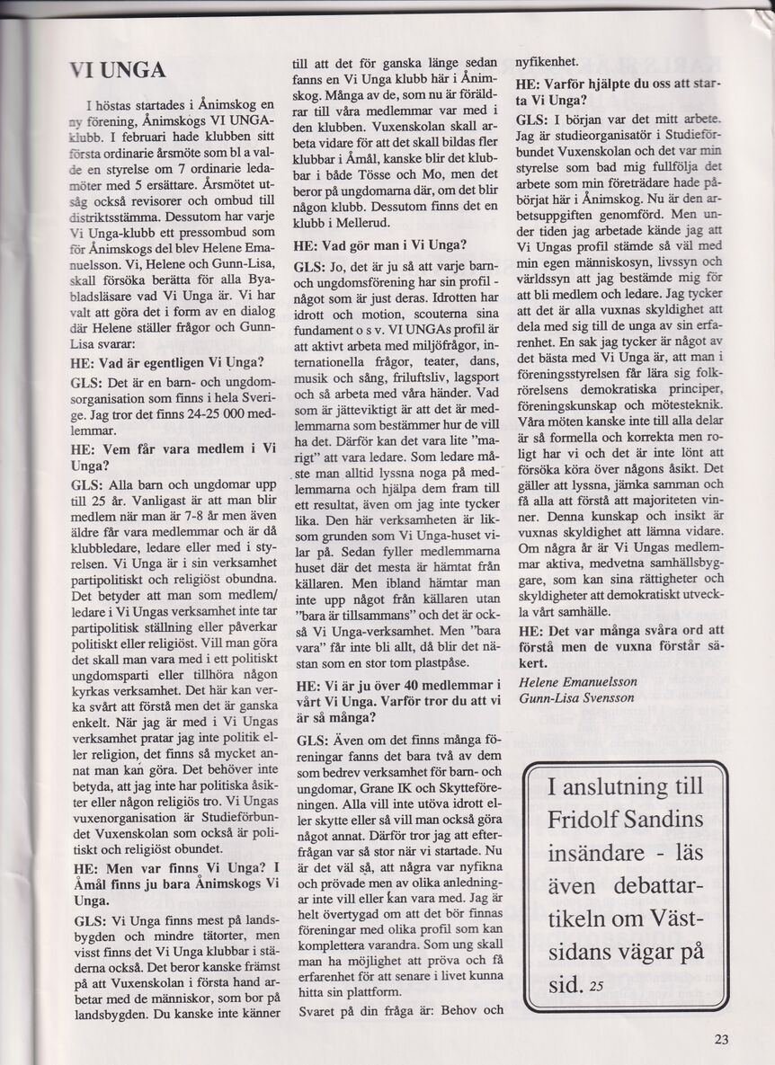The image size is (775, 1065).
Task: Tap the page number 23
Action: click(721, 1039)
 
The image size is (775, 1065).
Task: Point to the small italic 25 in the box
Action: click(598, 986)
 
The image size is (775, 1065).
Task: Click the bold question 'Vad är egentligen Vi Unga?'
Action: click(166, 363)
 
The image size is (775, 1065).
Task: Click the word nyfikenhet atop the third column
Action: click(547, 63)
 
